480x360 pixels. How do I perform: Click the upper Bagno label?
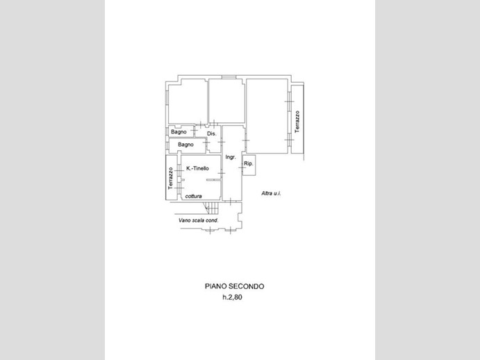click(x=179, y=132)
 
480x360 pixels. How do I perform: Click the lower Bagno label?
click(x=185, y=145)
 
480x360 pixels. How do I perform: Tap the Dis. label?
click(x=212, y=133)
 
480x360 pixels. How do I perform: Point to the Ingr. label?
click(x=231, y=157)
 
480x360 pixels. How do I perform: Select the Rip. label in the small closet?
click(x=249, y=163)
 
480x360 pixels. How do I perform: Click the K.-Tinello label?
click(x=198, y=168)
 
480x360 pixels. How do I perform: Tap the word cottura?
click(x=194, y=196)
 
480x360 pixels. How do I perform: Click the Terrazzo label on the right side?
click(x=297, y=122)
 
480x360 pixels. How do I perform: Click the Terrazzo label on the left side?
click(x=170, y=179)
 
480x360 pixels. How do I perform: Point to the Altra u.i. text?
click(x=271, y=193)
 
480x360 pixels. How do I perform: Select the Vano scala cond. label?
click(x=199, y=220)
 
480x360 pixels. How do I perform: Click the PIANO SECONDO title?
click(x=235, y=286)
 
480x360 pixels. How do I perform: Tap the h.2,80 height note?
click(x=232, y=297)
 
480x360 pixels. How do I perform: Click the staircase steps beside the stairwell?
click(x=212, y=208)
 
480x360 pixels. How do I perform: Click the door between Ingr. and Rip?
click(x=242, y=167)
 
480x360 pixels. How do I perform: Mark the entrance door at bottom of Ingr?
click(x=231, y=201)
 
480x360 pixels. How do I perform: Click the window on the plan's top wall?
click(x=228, y=77)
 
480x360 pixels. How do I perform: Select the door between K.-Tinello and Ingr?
click(x=222, y=173)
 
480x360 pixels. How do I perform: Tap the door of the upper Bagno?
click(x=194, y=131)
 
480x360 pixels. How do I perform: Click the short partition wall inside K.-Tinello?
click(x=214, y=180)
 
